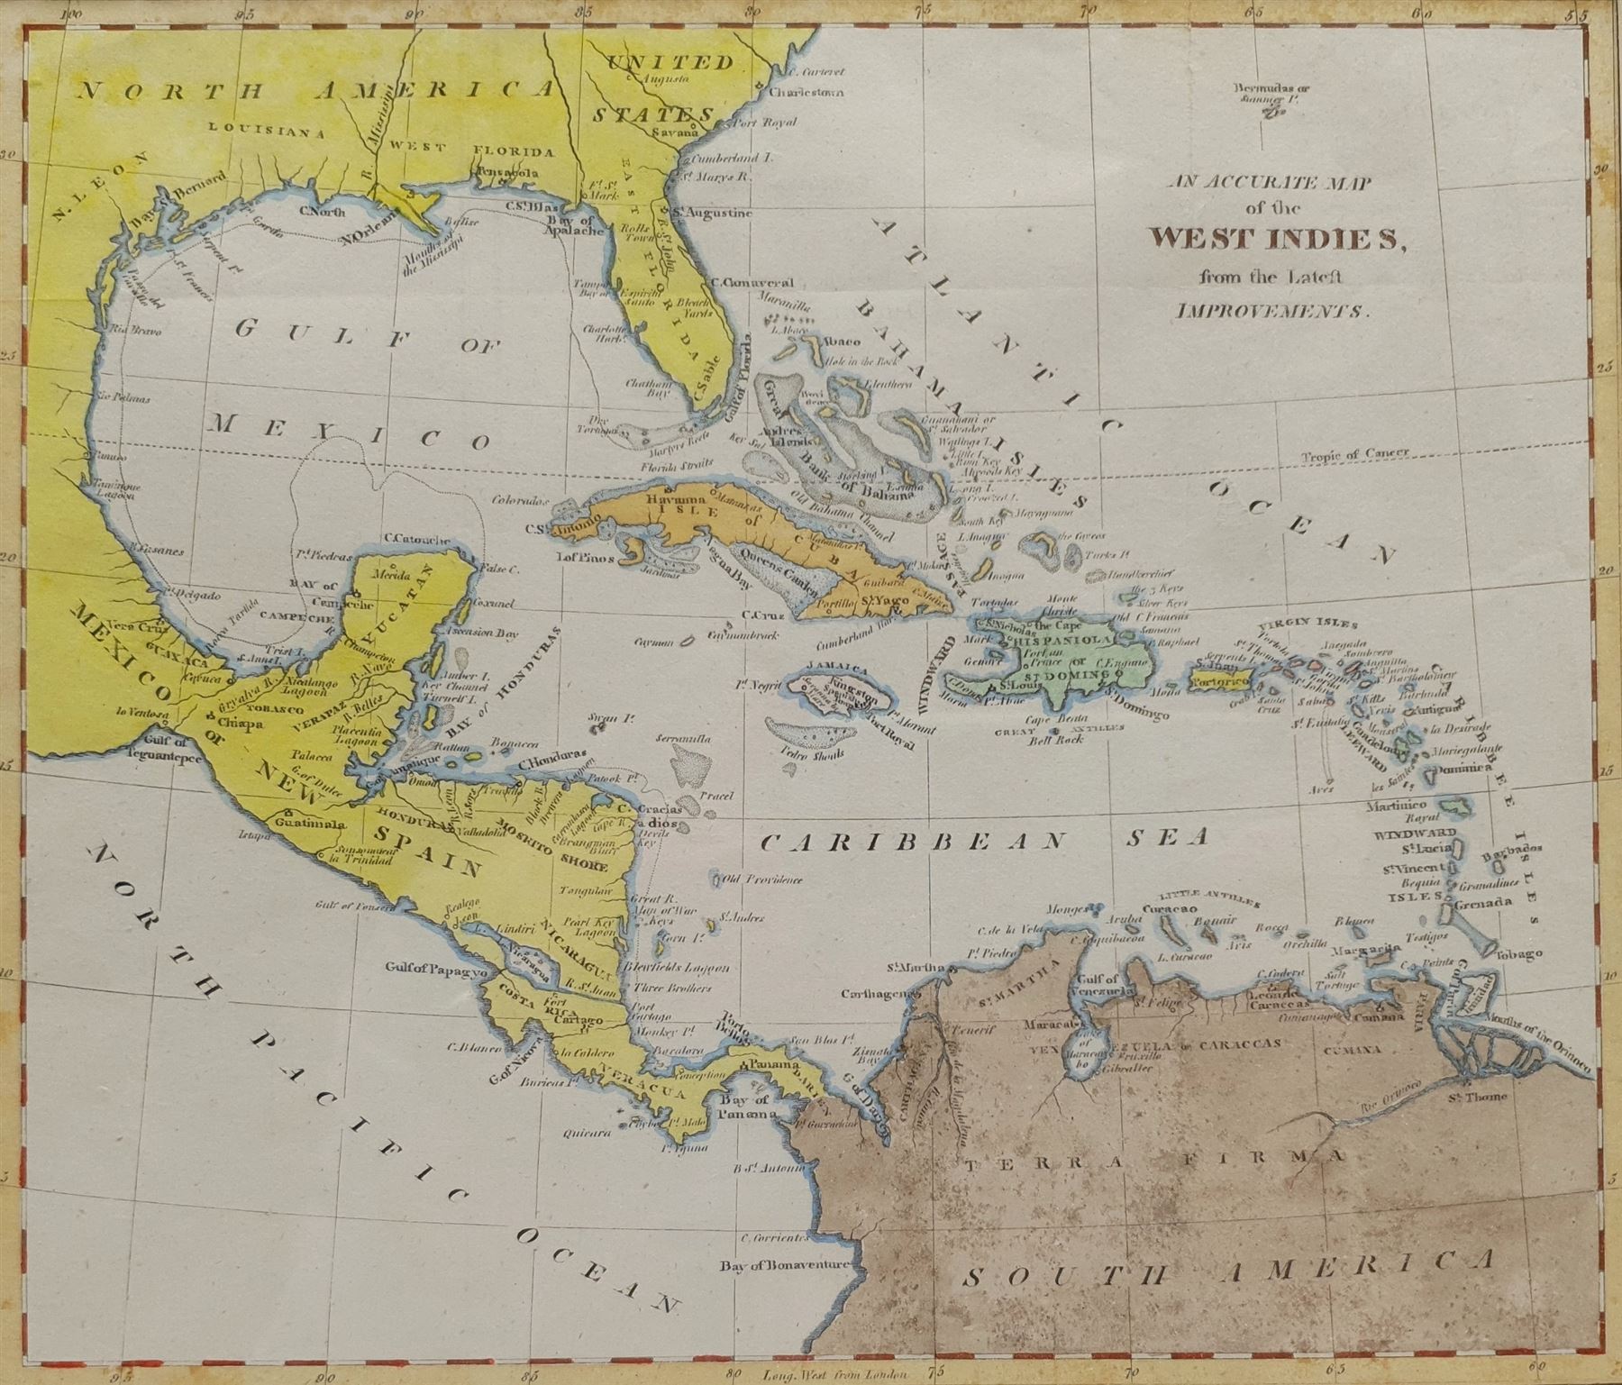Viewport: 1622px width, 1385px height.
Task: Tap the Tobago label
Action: click(x=1517, y=953)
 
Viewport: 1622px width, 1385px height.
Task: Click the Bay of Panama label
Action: click(x=747, y=1107)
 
